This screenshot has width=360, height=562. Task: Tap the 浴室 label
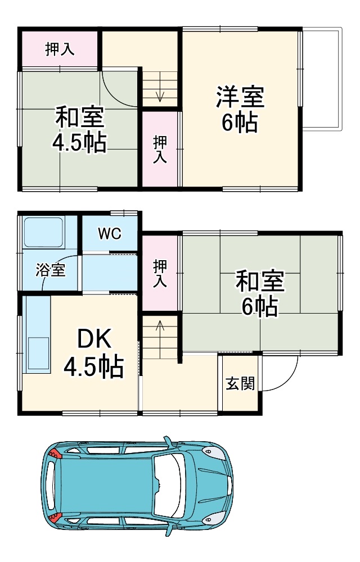(x=51, y=270)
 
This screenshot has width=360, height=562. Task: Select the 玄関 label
(x=240, y=384)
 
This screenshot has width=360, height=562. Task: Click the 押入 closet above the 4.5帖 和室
(x=60, y=49)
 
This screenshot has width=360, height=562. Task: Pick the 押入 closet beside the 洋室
(x=160, y=149)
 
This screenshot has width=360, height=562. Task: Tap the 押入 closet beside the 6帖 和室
(x=160, y=273)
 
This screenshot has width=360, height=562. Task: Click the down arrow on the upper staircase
(x=160, y=93)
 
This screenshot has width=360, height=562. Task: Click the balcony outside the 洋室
(x=321, y=79)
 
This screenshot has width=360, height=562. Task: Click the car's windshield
(x=171, y=484)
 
